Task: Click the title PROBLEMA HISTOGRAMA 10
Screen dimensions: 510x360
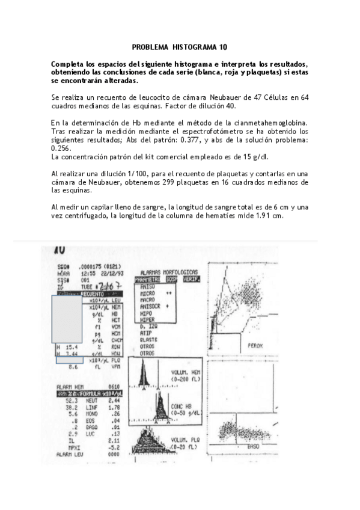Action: point(180,47)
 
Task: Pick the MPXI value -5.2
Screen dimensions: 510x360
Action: point(115,447)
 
